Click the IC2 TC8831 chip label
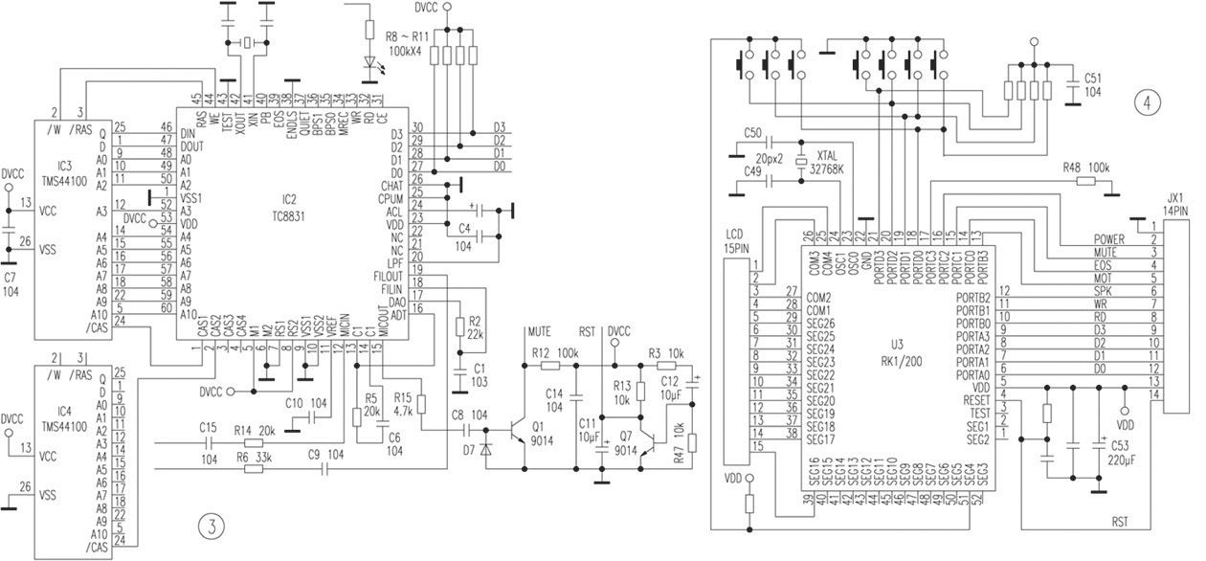pyautogui.click(x=287, y=206)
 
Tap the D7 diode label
pyautogui.click(x=469, y=448)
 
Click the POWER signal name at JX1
pyautogui.click(x=1109, y=238)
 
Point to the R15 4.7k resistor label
pyautogui.click(x=402, y=402)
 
